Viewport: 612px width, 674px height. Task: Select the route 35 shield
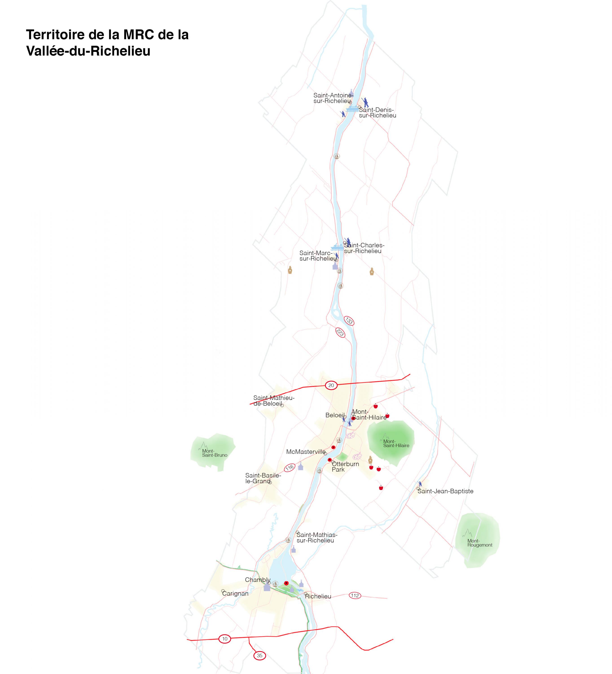(x=259, y=656)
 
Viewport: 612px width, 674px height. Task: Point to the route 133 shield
(x=349, y=321)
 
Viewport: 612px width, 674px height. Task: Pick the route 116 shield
(x=290, y=467)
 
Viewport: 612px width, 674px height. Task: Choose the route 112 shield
(x=355, y=595)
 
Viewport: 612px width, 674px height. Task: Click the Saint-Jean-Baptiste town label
(x=445, y=491)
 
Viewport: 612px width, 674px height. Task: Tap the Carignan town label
(x=235, y=593)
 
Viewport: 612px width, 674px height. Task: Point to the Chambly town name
(x=258, y=580)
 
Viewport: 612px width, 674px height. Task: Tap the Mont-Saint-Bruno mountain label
(x=215, y=453)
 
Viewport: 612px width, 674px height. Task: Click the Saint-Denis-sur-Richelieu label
(x=378, y=112)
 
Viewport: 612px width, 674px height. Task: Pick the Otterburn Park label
(x=345, y=466)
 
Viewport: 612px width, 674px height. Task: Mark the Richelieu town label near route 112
(x=318, y=596)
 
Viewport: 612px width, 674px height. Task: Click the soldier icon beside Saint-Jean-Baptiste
(x=420, y=484)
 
